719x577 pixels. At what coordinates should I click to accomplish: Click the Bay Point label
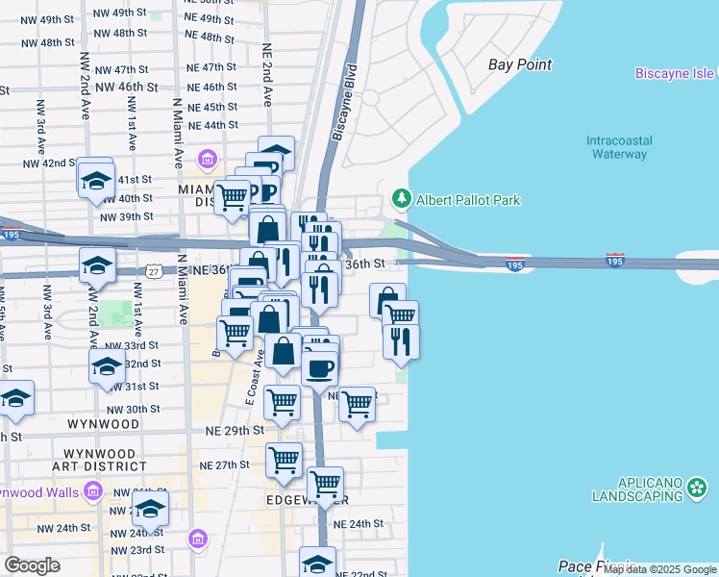(x=519, y=65)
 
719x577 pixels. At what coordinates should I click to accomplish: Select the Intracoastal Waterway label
(x=619, y=147)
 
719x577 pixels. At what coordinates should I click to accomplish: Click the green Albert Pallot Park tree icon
(x=402, y=200)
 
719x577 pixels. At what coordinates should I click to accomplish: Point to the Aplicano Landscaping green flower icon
(x=697, y=489)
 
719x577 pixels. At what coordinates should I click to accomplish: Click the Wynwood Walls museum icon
(x=93, y=491)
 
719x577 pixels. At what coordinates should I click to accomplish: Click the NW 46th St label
(x=126, y=87)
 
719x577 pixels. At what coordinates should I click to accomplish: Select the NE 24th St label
(x=358, y=524)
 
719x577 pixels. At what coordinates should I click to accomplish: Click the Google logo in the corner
(x=32, y=565)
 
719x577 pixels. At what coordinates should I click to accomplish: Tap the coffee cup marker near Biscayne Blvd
(x=319, y=366)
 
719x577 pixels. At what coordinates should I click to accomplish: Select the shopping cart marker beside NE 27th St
(x=285, y=462)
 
